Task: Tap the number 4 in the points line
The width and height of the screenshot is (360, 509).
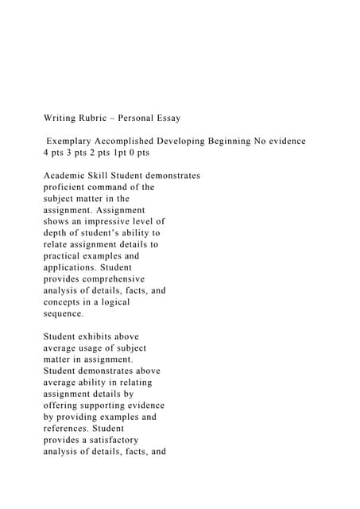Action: (x=46, y=153)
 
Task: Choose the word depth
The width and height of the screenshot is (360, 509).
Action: (x=56, y=233)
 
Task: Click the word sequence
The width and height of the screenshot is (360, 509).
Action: (x=63, y=314)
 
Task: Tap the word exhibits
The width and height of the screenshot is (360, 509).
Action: (x=101, y=336)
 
